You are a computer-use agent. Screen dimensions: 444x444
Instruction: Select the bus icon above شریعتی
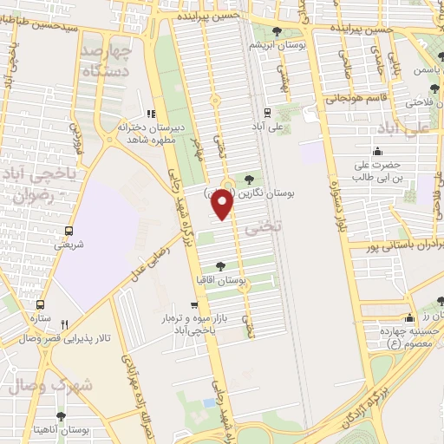(69, 231)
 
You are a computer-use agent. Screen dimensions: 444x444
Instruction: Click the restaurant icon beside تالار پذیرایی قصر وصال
(88, 323)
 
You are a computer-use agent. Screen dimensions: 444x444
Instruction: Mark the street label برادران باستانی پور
(395, 247)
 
